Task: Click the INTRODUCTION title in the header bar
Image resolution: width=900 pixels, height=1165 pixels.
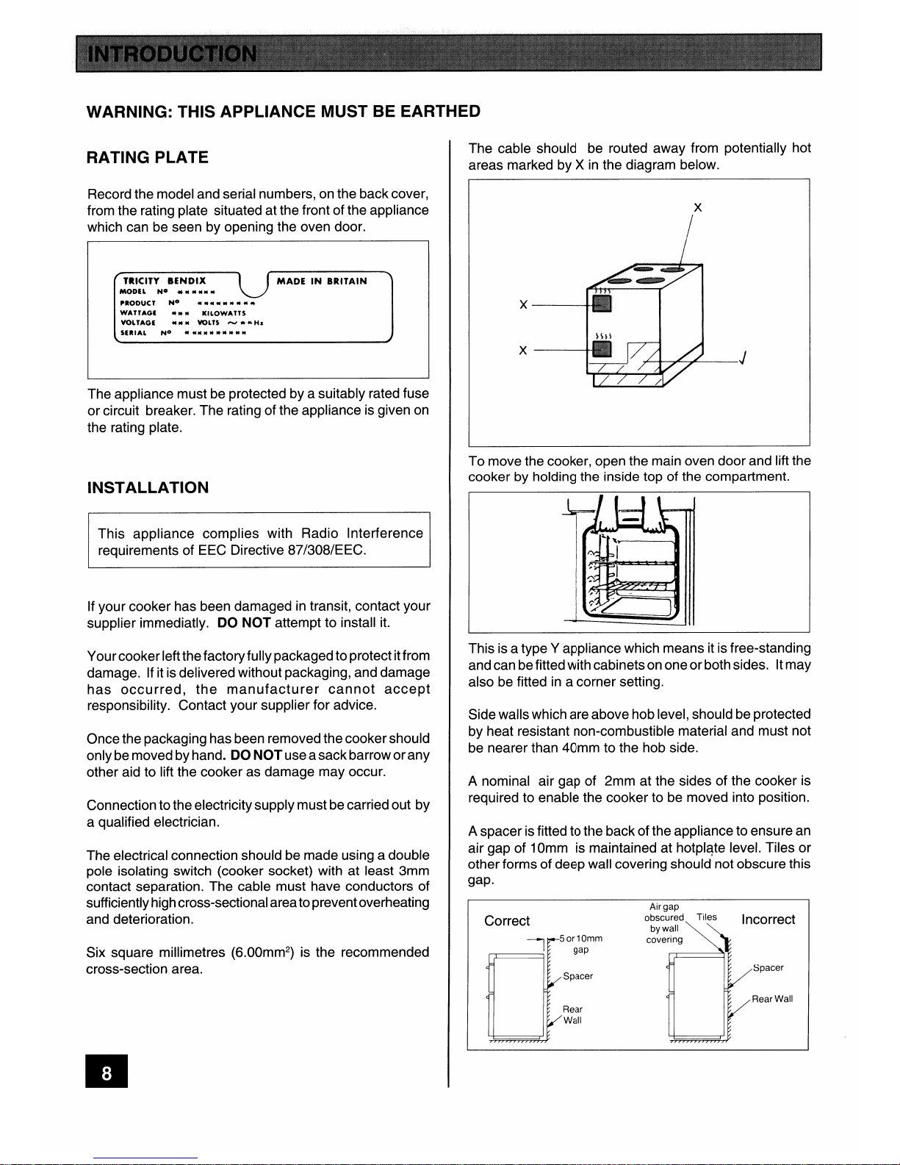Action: point(173,54)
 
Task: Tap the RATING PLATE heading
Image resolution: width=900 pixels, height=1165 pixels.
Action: point(147,157)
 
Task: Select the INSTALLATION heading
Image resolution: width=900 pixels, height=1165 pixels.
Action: point(148,487)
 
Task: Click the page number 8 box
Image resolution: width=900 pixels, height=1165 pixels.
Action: point(107,1073)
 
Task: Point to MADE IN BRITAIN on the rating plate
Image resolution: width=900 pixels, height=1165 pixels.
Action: point(322,281)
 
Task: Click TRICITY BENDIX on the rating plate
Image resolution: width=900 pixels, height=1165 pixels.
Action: point(165,281)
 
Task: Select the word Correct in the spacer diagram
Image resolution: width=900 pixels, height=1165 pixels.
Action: point(507,921)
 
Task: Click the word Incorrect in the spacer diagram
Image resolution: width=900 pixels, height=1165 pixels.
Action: point(768,920)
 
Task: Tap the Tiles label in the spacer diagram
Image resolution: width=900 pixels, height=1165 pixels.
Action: point(707,917)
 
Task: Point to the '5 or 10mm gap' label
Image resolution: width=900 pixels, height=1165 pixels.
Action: point(580,944)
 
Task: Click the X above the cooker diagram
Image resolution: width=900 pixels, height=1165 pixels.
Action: point(697,208)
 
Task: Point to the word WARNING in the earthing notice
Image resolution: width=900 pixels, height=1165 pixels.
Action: point(129,112)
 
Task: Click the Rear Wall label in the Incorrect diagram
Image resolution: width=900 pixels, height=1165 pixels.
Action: point(772,999)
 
